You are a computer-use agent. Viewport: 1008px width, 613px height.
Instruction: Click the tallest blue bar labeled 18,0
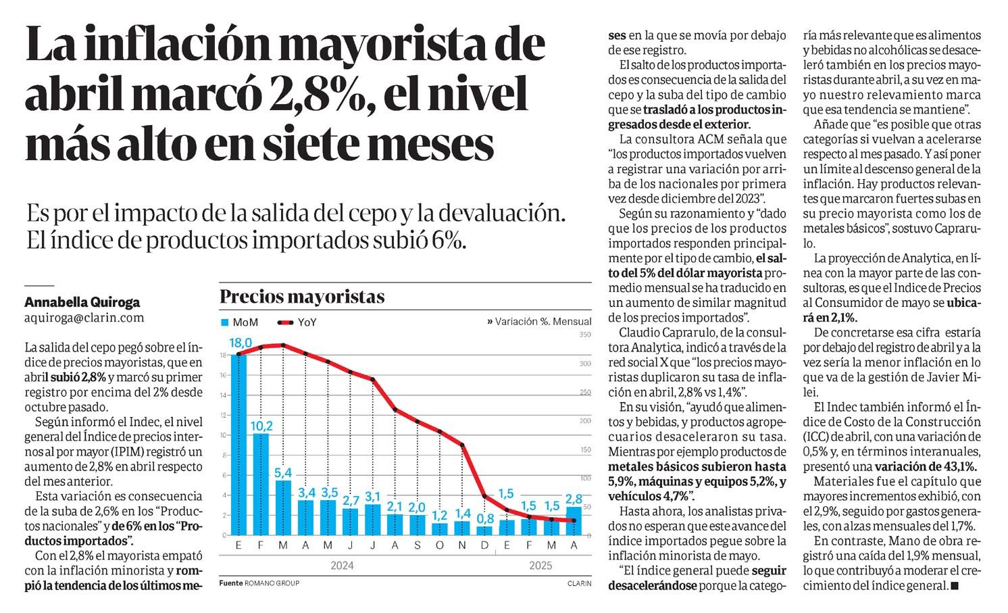(x=238, y=445)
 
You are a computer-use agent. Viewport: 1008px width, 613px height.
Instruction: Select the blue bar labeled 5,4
(x=283, y=508)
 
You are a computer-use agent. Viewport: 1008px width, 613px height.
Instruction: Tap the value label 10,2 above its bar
(x=261, y=425)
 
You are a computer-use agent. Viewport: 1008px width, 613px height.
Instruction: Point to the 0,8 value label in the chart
(x=485, y=518)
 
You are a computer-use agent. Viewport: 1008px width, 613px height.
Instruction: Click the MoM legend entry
(x=239, y=322)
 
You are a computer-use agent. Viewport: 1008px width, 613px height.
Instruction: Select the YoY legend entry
(x=297, y=322)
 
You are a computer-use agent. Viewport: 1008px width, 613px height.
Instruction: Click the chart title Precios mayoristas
(x=302, y=297)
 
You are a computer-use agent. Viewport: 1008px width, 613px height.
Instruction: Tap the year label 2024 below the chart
(x=342, y=565)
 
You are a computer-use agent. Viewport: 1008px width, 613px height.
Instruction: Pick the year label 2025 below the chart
(x=540, y=565)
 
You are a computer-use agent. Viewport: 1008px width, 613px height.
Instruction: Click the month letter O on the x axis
(x=440, y=545)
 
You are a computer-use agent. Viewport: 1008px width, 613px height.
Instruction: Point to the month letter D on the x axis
(x=484, y=545)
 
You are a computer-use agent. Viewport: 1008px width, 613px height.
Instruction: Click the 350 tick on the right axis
(x=585, y=335)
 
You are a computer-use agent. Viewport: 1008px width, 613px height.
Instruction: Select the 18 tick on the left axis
(x=223, y=355)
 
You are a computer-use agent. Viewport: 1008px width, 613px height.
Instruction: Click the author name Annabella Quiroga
(x=82, y=302)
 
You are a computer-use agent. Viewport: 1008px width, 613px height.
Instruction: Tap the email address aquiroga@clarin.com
(x=84, y=318)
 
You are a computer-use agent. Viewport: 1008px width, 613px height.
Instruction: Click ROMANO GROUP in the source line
(x=272, y=583)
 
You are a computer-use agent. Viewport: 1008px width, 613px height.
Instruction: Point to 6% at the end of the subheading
(x=449, y=240)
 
